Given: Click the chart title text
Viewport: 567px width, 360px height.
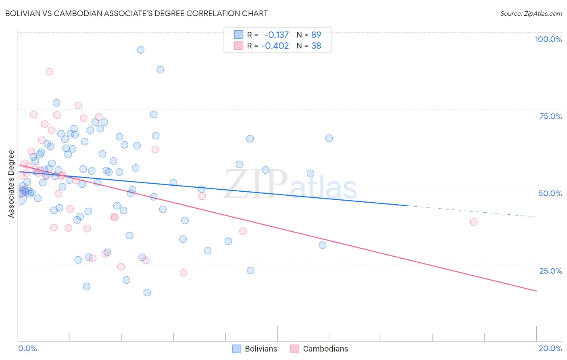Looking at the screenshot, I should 136,13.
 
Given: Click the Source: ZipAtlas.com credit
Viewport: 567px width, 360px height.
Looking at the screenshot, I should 531,13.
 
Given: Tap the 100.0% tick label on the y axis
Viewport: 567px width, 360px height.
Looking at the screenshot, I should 548,39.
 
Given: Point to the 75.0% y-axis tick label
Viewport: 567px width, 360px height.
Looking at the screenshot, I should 550,116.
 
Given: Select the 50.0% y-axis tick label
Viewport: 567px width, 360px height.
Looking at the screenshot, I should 550,193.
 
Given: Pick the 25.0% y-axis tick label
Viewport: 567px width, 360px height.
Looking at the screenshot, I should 550,271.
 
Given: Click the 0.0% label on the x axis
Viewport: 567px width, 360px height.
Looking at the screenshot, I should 27,348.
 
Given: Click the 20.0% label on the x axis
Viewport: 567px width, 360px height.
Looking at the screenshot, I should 550,348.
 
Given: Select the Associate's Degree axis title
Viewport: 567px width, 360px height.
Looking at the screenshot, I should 11,184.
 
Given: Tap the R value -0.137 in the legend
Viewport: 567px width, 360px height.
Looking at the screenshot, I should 276,35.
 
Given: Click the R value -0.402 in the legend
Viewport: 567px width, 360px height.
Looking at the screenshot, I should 275,46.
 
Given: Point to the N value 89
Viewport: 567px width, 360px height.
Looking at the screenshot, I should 316,35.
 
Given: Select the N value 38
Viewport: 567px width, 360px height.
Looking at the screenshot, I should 316,46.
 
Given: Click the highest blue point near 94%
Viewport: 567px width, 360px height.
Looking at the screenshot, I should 140,50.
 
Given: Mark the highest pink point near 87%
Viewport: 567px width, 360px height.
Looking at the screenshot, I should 49,71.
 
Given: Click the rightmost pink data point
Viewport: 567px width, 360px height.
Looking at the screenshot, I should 474,222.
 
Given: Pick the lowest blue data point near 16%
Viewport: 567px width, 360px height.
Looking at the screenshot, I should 147,293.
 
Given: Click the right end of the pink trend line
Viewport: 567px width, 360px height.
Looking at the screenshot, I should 536,291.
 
